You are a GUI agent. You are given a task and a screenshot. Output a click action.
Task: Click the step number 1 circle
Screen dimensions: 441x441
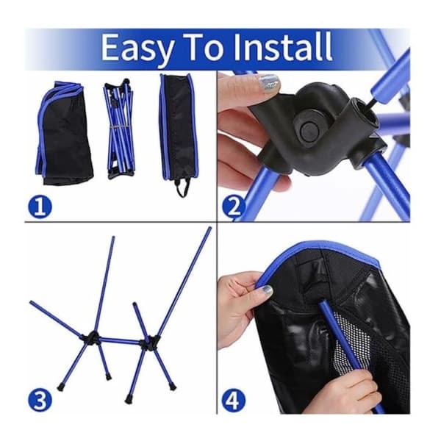click(40, 207)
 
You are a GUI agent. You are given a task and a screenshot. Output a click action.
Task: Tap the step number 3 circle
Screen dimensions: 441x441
click(40, 401)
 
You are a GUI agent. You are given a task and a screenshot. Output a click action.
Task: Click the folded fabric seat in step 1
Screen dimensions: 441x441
click(64, 134)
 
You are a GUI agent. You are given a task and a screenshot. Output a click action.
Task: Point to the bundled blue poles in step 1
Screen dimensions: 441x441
click(120, 128)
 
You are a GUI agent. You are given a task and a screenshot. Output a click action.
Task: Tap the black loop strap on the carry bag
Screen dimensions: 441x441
click(182, 188)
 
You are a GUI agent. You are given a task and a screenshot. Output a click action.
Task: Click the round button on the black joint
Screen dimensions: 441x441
click(309, 131)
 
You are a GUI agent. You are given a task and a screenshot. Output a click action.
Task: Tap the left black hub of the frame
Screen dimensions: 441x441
click(92, 337)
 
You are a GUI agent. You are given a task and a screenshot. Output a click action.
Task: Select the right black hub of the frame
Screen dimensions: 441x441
click(151, 341)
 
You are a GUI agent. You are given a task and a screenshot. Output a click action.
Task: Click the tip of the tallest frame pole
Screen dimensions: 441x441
click(209, 228)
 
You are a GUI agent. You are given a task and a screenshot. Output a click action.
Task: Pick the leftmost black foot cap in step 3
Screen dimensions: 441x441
click(60, 388)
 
